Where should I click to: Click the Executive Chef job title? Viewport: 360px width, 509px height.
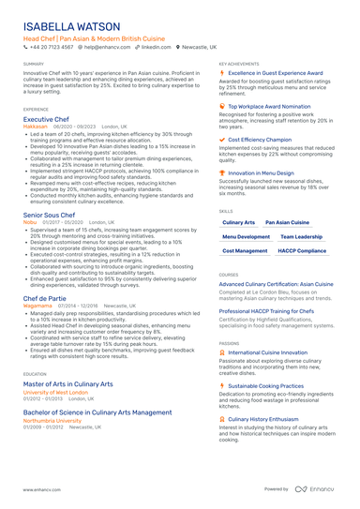51,120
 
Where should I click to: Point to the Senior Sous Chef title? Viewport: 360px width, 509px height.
55,215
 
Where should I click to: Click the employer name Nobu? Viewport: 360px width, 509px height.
31,222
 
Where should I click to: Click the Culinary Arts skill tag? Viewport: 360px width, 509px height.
239,222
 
